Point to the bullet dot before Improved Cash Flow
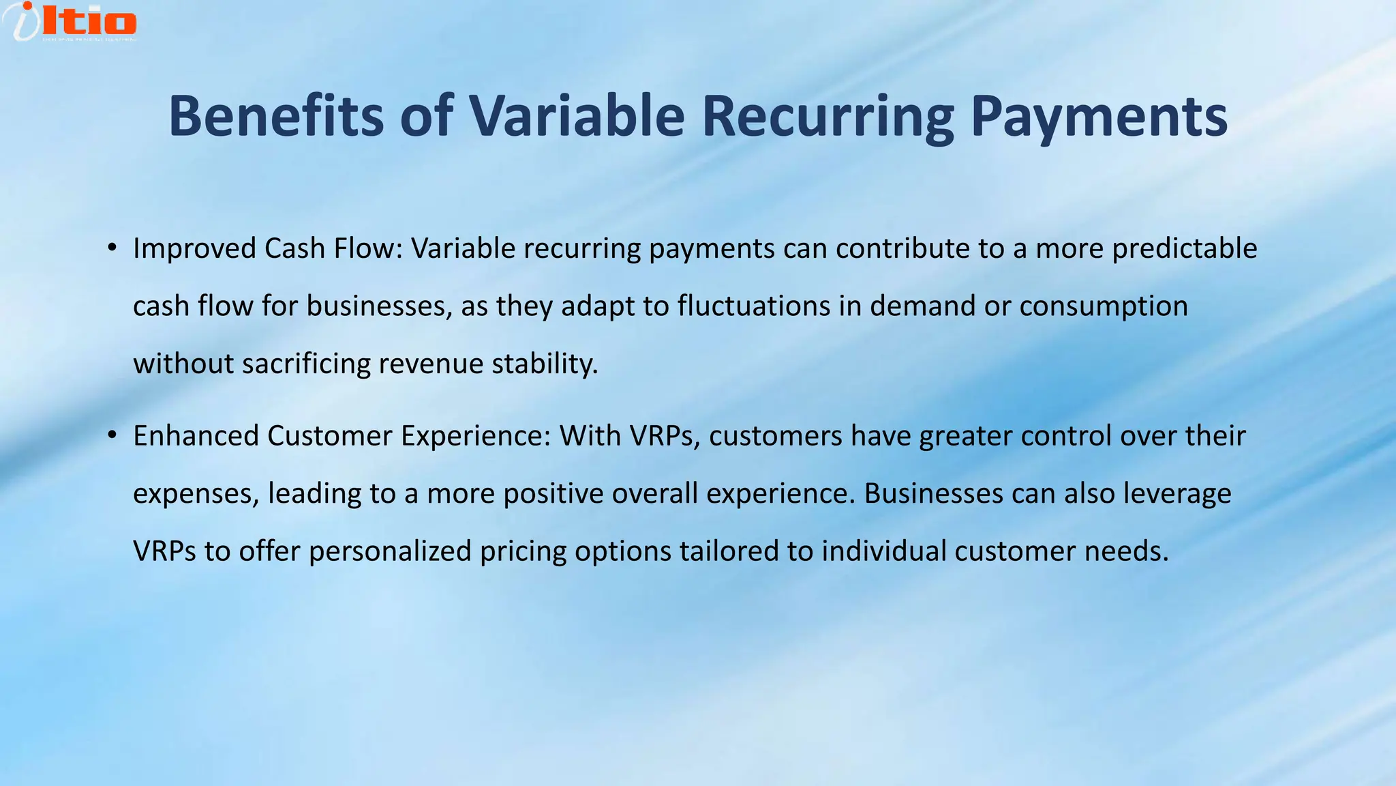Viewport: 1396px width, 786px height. coord(112,248)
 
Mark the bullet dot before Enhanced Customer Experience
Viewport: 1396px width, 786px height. coord(112,435)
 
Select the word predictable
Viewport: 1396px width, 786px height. coord(1184,248)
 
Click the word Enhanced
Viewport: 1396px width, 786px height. coord(196,436)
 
